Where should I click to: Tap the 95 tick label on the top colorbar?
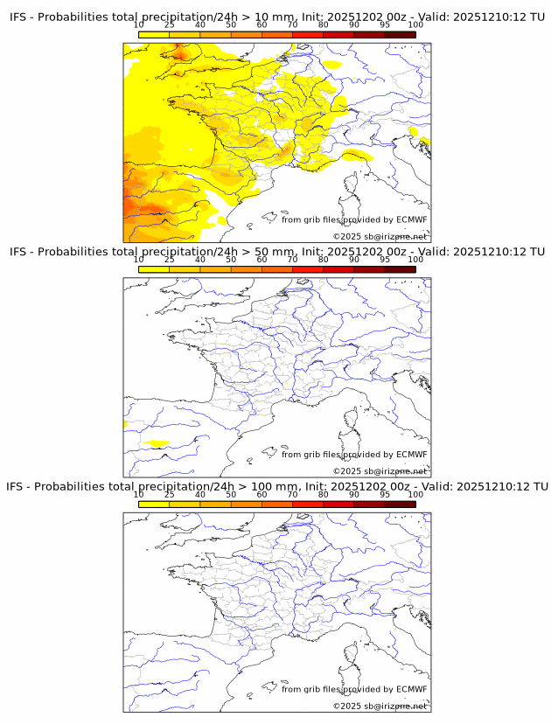pos(385,25)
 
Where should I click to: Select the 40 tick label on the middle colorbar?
pos(200,260)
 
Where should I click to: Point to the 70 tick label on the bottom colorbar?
pos(293,494)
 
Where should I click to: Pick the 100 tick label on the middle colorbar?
pos(415,260)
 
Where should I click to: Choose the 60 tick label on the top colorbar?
pos(262,25)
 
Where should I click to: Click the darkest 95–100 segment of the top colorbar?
pos(400,34)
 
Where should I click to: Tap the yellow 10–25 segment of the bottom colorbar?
pos(154,504)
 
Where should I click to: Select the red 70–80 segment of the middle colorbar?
pos(308,269)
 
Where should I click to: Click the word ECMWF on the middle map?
pos(411,455)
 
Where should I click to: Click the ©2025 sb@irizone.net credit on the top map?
pos(380,237)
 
